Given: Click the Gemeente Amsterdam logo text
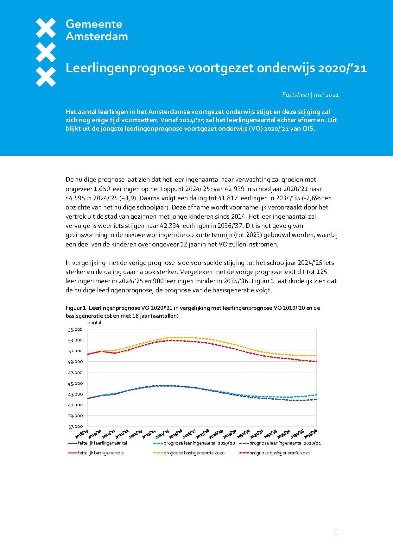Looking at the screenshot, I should pos(97,30).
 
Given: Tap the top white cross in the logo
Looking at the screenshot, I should pos(46,27).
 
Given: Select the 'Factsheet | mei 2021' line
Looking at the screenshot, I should pos(310,95).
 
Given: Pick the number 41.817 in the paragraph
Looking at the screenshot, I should pos(228,198).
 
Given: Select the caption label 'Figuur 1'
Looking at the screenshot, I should pos(76,308).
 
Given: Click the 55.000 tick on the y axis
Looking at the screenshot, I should pos(75,329).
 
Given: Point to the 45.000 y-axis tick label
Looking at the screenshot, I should pos(75,384).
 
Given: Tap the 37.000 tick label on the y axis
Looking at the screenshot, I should pos(75,427).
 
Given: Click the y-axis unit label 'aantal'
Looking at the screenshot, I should pos(94,323).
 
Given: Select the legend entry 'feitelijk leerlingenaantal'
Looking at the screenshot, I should pos(102,443).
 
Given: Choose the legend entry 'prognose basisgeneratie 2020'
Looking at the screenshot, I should pos(194,453).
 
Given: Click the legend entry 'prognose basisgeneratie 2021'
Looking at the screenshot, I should pos(280,453).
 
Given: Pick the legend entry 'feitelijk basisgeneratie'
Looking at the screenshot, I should pos(100,453).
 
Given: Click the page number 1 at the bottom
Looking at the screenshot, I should pos(336,533).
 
